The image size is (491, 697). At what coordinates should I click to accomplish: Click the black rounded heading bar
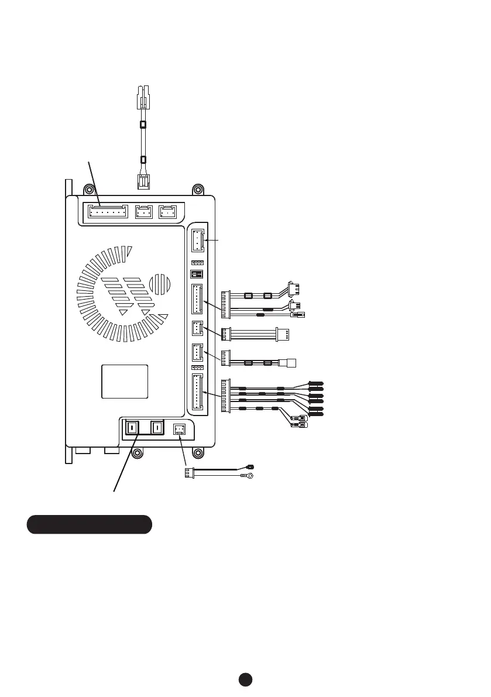90,524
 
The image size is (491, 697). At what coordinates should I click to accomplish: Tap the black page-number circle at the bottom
245,679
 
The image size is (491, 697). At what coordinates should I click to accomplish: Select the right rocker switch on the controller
157,429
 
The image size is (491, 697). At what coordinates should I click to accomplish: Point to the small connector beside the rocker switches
179,430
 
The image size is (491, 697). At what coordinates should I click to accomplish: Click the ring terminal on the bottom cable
250,476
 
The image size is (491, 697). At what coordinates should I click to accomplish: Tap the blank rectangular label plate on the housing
125,381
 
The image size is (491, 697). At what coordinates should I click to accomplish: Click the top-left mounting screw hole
88,190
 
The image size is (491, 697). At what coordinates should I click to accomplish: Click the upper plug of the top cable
143,95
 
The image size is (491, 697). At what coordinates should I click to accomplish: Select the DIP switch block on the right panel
197,274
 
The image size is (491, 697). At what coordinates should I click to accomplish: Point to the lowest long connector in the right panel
197,392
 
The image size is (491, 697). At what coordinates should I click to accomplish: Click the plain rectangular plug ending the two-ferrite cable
288,363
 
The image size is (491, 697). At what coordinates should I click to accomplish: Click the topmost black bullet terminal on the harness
316,383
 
